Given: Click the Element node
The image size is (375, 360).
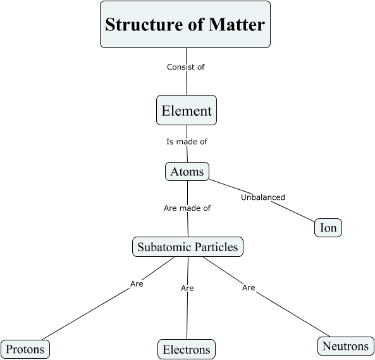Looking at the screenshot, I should click(187, 111).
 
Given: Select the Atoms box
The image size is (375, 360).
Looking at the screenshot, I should click(187, 171).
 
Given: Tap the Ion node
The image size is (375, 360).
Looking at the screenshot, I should click(328, 228).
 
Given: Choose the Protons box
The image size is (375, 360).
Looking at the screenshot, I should click(25, 349).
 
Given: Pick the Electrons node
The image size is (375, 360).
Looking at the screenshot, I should click(187, 349).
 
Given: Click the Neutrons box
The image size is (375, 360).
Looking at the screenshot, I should click(345, 345).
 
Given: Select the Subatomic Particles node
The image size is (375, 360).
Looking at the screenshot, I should click(188, 246).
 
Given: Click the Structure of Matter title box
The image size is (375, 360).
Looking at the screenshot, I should click(185, 25).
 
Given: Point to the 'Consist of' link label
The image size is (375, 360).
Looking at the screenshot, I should click(186, 66).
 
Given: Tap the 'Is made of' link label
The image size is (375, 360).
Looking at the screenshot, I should click(187, 142).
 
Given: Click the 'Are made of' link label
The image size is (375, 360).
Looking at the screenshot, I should click(187, 208).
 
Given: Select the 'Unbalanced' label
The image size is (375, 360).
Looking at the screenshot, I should click(263, 197).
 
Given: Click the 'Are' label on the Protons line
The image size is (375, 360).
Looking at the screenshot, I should click(137, 283).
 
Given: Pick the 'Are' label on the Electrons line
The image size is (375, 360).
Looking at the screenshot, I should click(187, 288).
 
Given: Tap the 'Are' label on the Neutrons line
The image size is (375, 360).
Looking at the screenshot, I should click(249, 287).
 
